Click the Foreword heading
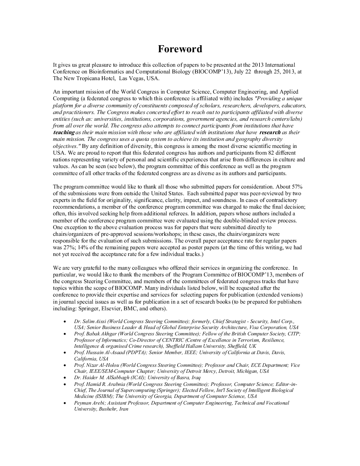180,49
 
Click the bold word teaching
64,132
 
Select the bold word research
270,132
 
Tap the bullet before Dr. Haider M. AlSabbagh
64,378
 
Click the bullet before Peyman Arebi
64,403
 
